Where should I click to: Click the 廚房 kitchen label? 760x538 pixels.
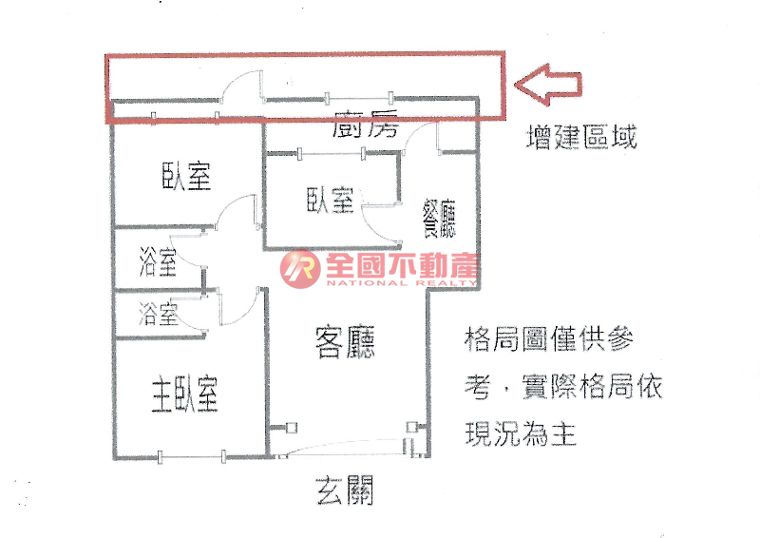pos(366,124)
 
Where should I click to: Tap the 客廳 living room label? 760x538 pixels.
pos(345,342)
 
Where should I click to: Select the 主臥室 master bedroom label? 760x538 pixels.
pos(184,394)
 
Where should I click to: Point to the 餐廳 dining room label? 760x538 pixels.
pos(439,218)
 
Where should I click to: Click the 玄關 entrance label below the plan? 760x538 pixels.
pos(345,490)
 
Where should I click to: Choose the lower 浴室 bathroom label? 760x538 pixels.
pos(158,314)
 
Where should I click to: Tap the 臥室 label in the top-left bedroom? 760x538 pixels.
pos(186,176)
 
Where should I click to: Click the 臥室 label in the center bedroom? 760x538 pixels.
pos(330,200)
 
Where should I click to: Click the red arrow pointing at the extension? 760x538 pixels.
pos(548,85)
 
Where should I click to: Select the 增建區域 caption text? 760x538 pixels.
pos(581,136)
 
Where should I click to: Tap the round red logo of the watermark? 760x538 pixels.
pos(300,269)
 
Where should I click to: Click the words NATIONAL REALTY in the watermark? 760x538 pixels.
pos(401,283)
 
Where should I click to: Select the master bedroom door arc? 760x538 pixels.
pos(238,307)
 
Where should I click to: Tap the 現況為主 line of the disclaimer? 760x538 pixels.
pos(521,432)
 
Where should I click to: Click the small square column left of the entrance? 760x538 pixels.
pos(292,428)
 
